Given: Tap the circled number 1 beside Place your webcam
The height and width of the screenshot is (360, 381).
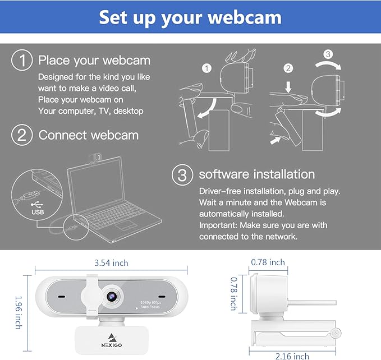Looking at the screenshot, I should click(x=22, y=61).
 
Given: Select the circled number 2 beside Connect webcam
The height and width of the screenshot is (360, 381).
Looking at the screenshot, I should click(x=22, y=135).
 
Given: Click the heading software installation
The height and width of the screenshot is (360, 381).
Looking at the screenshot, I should click(x=257, y=174).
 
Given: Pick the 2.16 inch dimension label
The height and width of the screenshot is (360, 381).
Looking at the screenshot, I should click(x=292, y=355).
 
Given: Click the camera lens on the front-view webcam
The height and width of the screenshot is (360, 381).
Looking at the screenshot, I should click(x=110, y=296).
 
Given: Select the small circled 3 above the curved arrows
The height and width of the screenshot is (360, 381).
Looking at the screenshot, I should click(x=329, y=55).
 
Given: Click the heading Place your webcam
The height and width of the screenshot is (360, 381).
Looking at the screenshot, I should click(x=94, y=61).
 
